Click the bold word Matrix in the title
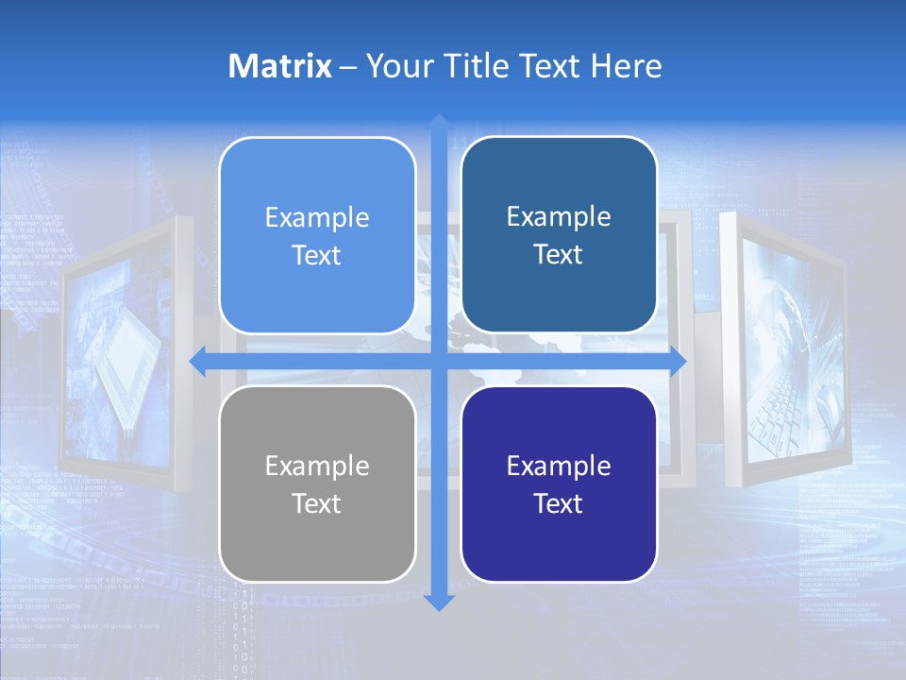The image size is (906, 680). [x=280, y=66]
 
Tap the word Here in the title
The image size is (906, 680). [x=626, y=66]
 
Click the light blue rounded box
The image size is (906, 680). [x=317, y=236]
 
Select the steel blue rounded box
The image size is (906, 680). [x=559, y=235]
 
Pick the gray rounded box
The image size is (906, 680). [x=317, y=484]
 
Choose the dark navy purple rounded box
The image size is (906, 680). [x=559, y=484]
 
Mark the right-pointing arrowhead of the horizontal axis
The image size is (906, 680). [x=678, y=362]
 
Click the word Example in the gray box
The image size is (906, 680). [x=317, y=467]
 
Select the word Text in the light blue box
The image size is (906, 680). [x=317, y=256]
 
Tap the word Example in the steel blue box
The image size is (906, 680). [x=559, y=217]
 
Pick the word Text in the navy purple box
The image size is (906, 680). [x=559, y=504]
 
